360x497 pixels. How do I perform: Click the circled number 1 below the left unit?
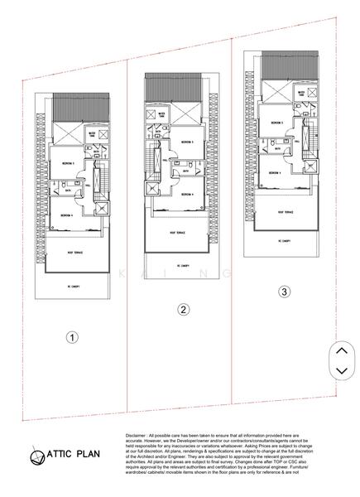pyautogui.click(x=73, y=338)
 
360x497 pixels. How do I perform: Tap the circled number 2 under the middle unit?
pyautogui.click(x=185, y=310)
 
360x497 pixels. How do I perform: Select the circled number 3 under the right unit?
pyautogui.click(x=285, y=292)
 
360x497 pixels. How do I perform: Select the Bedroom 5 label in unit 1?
pyautogui.click(x=67, y=164)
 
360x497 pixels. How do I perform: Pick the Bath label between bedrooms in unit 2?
pyautogui.click(x=185, y=173)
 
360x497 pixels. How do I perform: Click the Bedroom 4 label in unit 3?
pyautogui.click(x=279, y=174)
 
